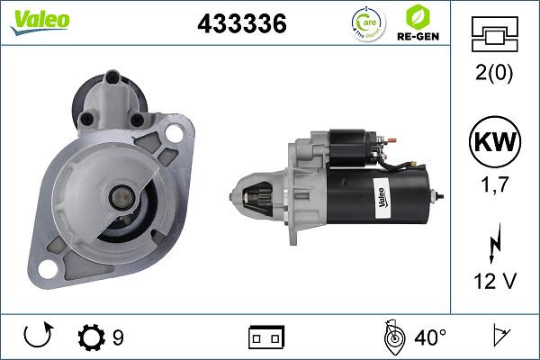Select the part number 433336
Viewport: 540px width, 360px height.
tap(242, 24)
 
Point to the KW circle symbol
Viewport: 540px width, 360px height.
tap(496, 143)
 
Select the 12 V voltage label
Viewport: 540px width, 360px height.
tap(496, 281)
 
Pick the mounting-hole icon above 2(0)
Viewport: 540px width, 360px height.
tap(496, 36)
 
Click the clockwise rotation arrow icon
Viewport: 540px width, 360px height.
tap(38, 337)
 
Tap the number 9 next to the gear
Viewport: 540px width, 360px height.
tap(118, 338)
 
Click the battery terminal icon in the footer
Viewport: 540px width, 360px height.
tap(266, 338)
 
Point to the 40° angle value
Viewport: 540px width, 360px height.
tap(430, 338)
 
